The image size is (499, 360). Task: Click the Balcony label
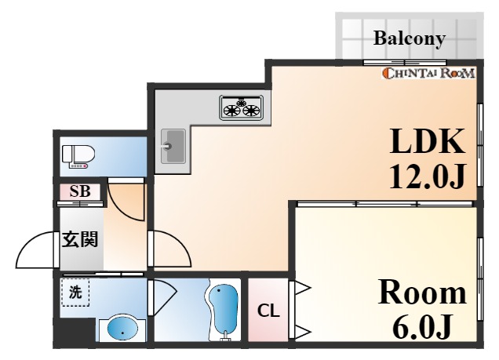[x=409, y=38]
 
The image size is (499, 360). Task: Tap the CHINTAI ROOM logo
[x=428, y=73]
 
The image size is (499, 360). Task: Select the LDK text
[x=427, y=142]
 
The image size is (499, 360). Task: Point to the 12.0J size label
[x=428, y=176]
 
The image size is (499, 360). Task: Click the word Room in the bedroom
[x=422, y=293]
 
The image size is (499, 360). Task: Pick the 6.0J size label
[x=422, y=326]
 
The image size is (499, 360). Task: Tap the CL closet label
[x=268, y=311]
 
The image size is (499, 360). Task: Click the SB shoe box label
[x=80, y=191]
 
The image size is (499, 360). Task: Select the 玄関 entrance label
[x=79, y=239]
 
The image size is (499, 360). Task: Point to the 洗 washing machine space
[x=75, y=292]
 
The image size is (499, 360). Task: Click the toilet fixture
[x=78, y=156]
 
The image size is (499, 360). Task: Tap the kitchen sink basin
[x=173, y=146]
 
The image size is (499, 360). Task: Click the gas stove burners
[x=241, y=107]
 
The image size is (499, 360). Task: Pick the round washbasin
[x=122, y=329]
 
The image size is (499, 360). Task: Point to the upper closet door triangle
[x=302, y=289]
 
